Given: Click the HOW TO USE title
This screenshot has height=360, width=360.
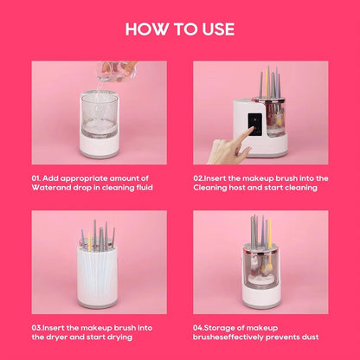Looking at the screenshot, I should pos(179,29).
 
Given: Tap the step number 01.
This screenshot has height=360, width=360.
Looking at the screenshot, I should pos(37,177).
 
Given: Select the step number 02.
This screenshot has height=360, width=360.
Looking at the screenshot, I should pos(199,177).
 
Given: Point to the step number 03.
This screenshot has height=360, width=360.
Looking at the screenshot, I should pos(37,327).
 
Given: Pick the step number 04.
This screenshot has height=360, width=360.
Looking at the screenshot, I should pos(199,327).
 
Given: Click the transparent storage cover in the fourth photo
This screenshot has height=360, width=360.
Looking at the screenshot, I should pos(259,260).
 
